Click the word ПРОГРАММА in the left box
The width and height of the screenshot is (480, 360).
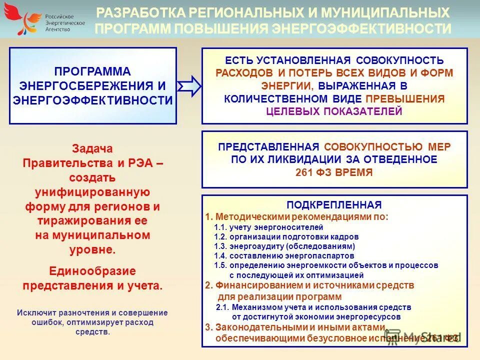[92, 72]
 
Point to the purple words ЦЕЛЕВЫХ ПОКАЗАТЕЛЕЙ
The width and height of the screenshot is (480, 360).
[334, 111]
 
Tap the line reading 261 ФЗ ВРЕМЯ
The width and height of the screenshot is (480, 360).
[334, 172]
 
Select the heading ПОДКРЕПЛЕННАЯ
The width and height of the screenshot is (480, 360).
[334, 205]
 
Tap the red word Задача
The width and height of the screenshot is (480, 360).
[92, 149]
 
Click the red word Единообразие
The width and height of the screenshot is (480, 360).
[92, 271]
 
